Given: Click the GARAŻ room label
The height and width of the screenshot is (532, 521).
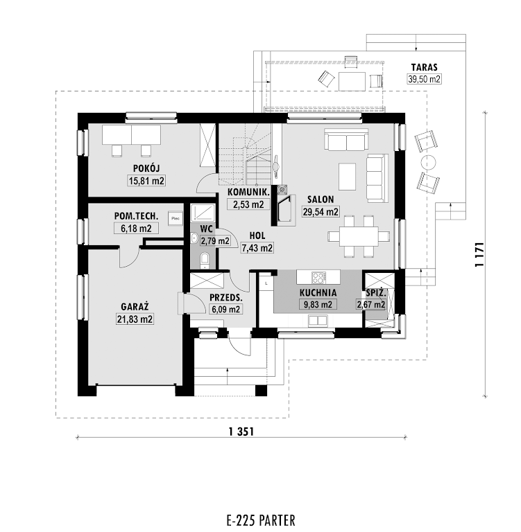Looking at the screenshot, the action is (135, 307).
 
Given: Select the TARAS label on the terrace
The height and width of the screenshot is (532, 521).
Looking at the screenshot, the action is (424, 67).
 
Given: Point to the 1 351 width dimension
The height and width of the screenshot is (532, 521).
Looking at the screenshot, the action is (241, 432).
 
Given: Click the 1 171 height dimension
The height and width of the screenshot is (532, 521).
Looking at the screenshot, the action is (479, 254).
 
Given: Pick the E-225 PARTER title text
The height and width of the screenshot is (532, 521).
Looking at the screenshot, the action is (261, 520).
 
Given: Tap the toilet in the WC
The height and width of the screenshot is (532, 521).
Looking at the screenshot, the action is (205, 259).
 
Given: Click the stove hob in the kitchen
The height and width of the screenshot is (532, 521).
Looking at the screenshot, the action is (319, 278).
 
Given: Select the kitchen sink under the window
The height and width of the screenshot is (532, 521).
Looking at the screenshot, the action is (318, 320).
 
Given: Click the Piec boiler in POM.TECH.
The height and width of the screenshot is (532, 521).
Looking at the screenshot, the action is (176, 218).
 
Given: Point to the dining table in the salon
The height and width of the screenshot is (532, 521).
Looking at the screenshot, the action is (359, 236).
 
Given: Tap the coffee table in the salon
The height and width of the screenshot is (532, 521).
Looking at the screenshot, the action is (348, 177).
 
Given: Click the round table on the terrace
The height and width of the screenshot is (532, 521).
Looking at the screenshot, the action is (428, 162).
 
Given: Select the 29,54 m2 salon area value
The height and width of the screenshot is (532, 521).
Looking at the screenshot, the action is (321, 212).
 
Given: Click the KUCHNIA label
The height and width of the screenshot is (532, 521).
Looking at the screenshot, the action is (318, 292).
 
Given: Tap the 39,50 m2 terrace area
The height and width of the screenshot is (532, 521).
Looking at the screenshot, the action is (424, 79).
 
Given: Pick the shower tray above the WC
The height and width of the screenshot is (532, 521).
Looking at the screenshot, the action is (203, 213).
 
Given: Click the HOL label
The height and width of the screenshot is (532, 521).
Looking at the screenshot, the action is (257, 236).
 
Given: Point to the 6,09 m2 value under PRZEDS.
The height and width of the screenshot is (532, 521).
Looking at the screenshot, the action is (226, 309).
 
